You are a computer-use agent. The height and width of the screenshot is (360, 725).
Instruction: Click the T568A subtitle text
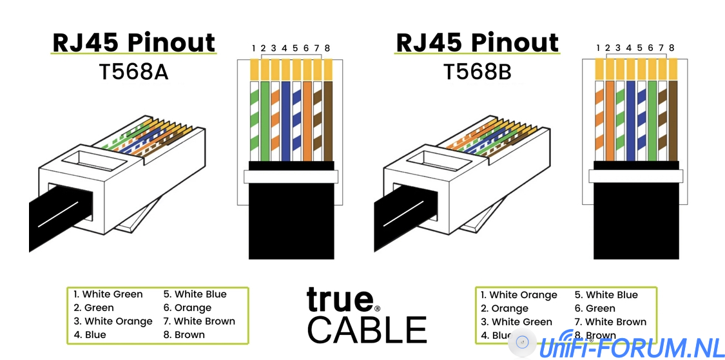click(x=134, y=71)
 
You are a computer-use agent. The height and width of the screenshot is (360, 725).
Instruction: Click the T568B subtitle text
click(x=478, y=71)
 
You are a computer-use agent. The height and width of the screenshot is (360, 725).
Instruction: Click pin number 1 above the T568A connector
click(x=255, y=48)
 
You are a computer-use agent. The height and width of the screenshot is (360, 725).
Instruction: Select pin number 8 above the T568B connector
click(x=672, y=48)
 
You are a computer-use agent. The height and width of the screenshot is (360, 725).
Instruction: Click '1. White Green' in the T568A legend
click(x=108, y=294)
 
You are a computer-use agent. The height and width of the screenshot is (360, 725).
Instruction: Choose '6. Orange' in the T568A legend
click(x=187, y=308)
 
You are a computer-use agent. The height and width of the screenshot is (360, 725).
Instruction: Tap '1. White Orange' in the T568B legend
click(x=519, y=295)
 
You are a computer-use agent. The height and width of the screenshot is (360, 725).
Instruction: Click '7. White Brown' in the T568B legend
click(x=610, y=322)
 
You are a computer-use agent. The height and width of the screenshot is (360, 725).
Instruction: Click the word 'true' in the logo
click(x=340, y=299)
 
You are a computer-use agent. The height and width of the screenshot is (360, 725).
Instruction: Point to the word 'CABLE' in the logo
click(x=367, y=329)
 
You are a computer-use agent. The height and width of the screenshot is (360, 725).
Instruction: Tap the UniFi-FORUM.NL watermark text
click(x=632, y=347)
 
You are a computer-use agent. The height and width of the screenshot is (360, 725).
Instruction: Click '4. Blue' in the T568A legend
click(x=90, y=335)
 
